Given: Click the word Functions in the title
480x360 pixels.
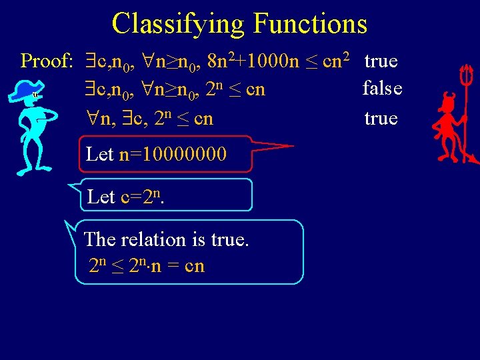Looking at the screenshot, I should point(310,24).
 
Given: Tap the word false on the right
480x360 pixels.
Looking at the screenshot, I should point(382,88).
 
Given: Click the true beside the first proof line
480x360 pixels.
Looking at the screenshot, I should point(381,61).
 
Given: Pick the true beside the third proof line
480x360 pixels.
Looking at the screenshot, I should point(381,119).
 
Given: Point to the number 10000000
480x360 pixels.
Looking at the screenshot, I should point(173,155).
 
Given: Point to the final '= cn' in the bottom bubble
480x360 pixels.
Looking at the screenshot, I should point(187,267).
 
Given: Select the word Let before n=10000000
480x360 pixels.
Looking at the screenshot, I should point(100,155).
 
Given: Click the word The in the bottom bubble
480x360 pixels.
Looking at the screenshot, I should point(99,239).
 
